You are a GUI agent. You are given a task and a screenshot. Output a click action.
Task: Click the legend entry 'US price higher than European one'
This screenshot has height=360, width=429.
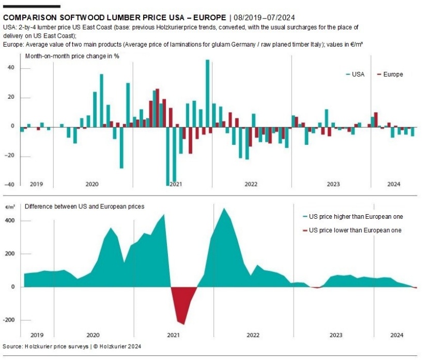click(x=351, y=217)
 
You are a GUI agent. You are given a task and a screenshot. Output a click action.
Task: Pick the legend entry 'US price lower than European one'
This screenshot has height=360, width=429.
click(x=351, y=230)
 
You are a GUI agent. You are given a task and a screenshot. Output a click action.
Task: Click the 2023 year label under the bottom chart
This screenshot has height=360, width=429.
click(x=335, y=335)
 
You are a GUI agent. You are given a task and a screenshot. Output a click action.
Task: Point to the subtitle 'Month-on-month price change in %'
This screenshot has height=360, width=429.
click(x=72, y=56)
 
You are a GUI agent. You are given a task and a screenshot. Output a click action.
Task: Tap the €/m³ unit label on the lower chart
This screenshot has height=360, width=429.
click(x=10, y=206)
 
